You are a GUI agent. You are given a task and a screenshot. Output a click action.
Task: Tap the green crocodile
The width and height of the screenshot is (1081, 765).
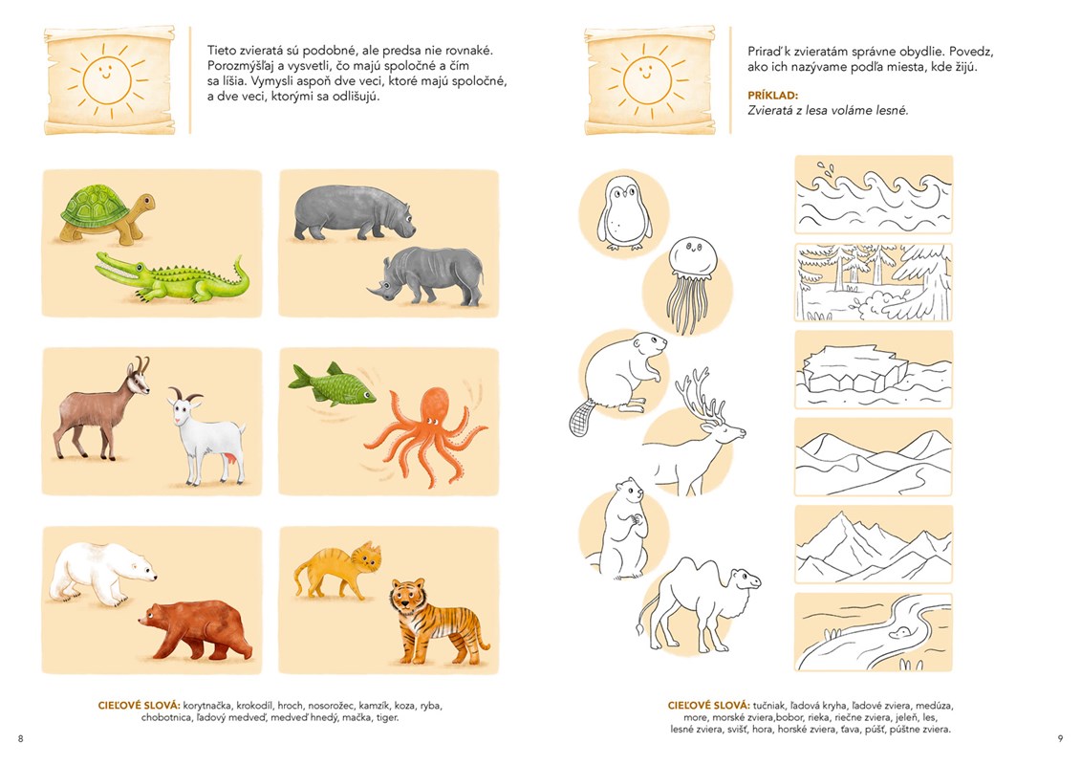click(x=172, y=277)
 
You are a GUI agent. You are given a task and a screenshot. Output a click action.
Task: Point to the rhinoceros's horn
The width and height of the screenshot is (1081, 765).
click(x=376, y=294)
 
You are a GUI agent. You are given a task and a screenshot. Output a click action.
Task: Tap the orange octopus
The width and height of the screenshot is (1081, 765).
click(x=425, y=435)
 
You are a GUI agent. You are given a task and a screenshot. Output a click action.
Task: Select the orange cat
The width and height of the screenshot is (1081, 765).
click(x=337, y=569)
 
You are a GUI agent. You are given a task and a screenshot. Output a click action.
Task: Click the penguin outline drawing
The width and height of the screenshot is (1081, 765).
click(x=624, y=212)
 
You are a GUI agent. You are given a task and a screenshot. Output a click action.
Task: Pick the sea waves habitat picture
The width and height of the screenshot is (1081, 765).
click(x=874, y=194)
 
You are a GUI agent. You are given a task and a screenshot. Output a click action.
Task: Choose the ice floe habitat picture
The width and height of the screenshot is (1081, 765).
click(x=874, y=370)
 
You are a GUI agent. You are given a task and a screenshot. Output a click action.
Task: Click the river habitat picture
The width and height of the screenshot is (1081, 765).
click(x=874, y=632)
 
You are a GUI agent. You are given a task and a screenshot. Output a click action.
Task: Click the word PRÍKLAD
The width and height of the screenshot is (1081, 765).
click(x=773, y=96)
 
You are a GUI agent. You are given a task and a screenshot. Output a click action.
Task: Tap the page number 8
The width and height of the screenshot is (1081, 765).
click(x=21, y=738)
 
